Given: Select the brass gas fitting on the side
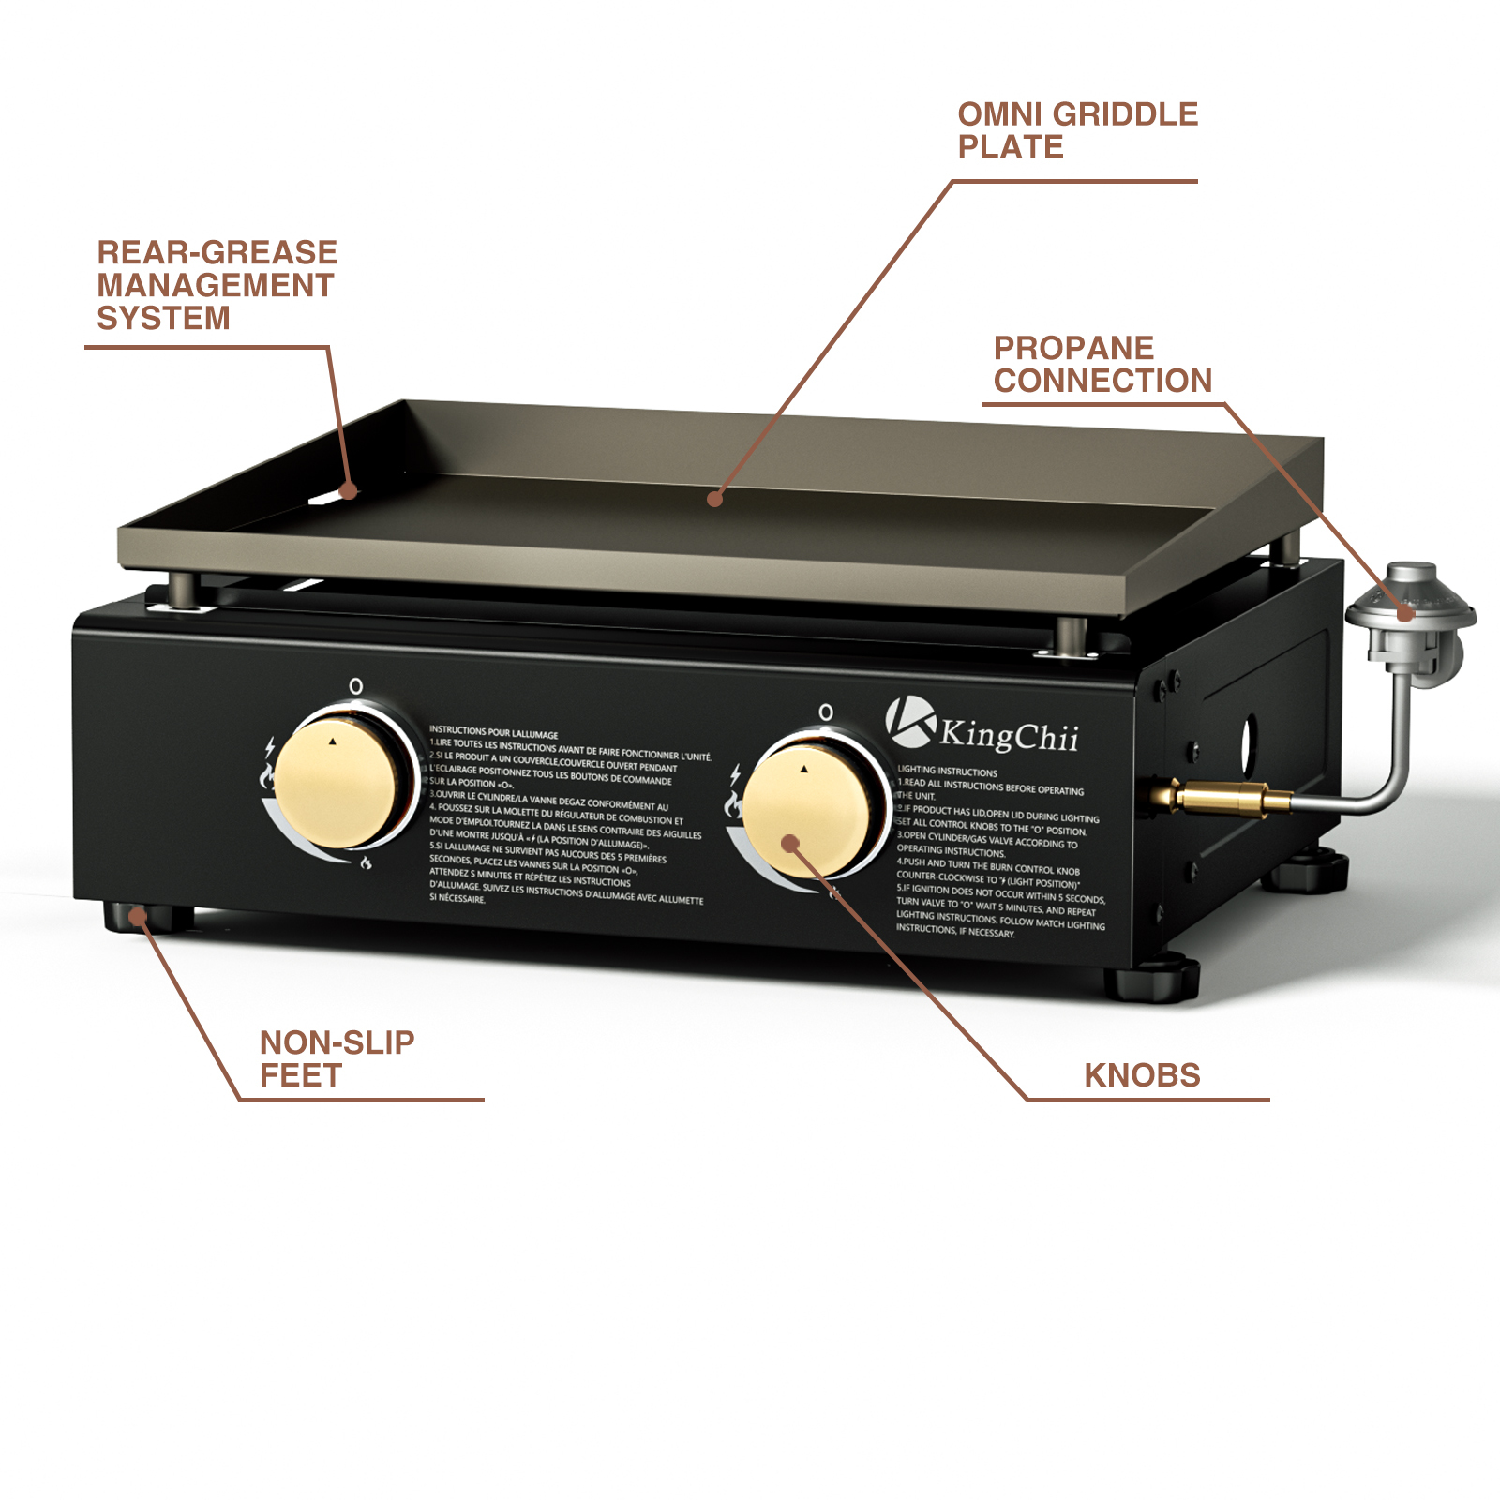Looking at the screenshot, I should pos(1219,798).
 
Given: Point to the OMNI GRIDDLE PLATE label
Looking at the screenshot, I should pos(1077,130).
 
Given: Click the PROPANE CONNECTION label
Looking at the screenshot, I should pos(1102,364).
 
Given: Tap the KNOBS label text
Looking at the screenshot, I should pos(1142,1075).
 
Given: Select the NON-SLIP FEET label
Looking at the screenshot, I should pos(337,1058).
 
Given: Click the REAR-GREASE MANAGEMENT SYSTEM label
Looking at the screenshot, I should pos(217,285).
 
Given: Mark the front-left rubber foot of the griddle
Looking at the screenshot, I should pos(141,917).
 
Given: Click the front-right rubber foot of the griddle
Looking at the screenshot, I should pos(1153,980).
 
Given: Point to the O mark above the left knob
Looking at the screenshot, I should pos(356,686).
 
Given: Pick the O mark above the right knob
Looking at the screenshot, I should pos(826,712).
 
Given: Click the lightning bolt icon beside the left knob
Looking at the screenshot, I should pos(270,747).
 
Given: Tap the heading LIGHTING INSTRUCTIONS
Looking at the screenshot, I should pos(947,772).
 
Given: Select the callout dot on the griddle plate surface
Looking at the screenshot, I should pos(715,499).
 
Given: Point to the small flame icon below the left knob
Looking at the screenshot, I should pos(366,862).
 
